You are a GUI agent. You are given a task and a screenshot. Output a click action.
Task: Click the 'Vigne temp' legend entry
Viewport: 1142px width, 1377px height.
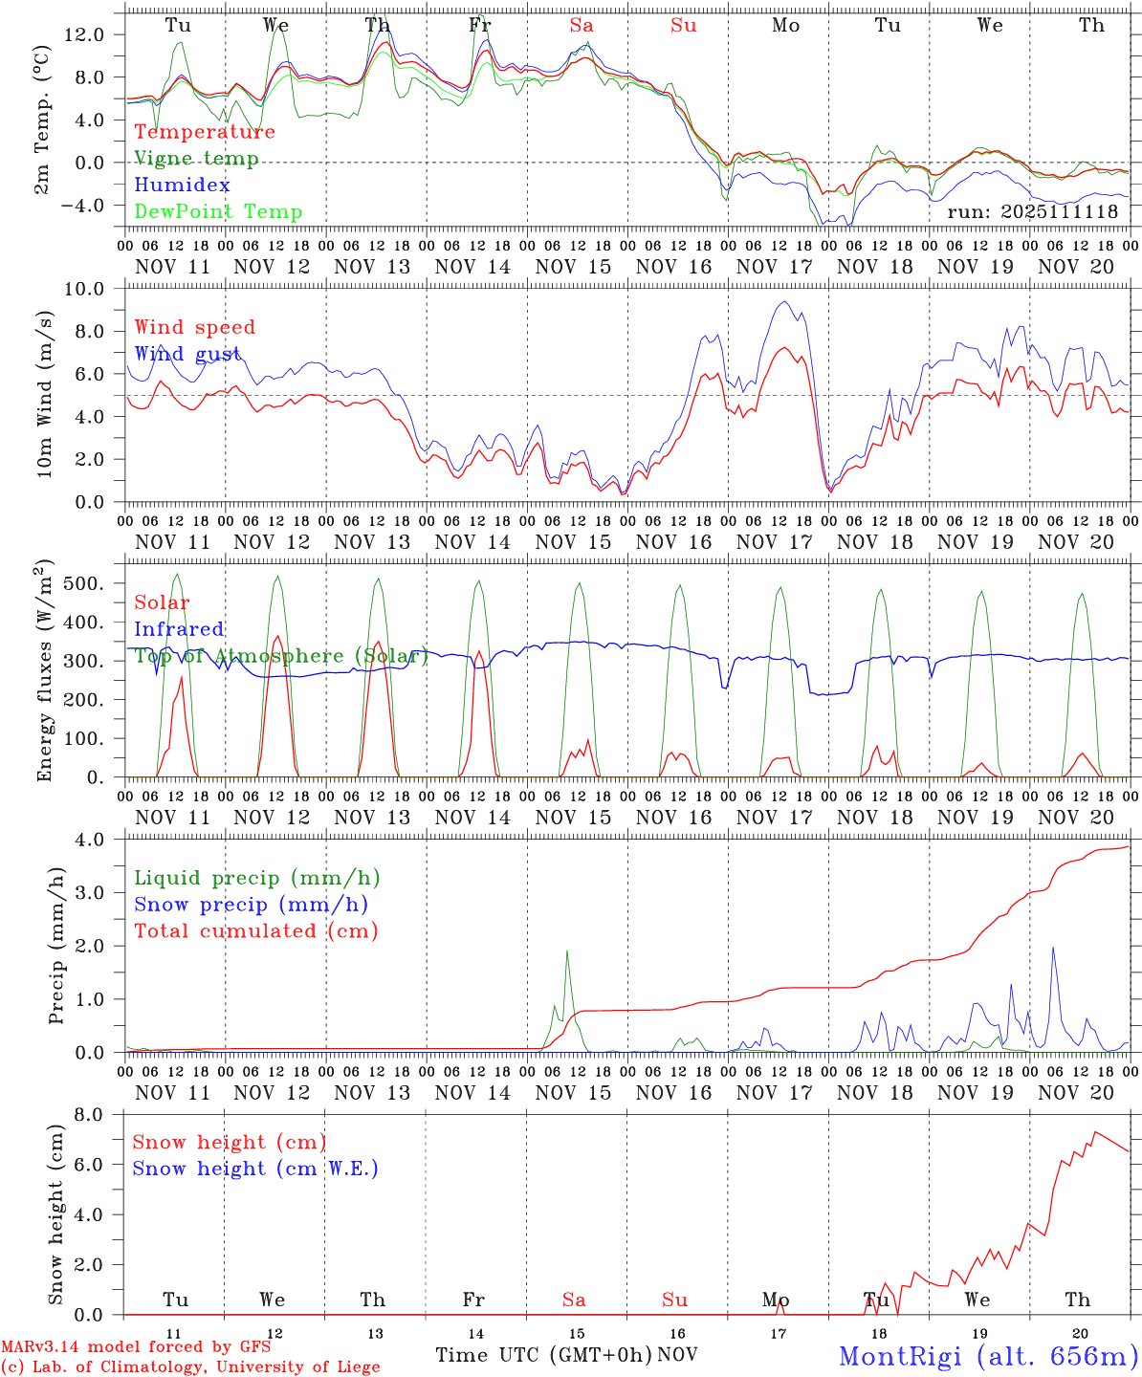pos(196,159)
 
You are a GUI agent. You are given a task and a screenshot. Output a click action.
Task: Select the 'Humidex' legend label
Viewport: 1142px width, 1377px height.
pos(182,186)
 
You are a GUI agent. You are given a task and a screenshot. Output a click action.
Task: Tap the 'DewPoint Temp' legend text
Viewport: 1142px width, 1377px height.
pos(218,212)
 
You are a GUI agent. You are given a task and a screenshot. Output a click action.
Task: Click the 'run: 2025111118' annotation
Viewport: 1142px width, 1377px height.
pos(1032,212)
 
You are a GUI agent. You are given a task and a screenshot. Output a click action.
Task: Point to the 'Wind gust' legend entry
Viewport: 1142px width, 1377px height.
pos(187,354)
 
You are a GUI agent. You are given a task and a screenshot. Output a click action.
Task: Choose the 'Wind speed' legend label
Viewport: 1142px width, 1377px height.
pos(195,327)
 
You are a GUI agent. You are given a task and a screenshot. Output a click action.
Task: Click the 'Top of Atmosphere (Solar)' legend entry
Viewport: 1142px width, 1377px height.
pos(281,656)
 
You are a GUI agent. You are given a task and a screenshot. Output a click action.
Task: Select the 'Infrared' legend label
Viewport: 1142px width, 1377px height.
pos(179,629)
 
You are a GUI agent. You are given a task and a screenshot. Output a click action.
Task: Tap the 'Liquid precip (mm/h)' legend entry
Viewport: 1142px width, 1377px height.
pos(257,878)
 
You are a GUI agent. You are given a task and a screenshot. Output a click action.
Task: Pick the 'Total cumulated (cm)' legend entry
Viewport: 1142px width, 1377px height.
pos(256,931)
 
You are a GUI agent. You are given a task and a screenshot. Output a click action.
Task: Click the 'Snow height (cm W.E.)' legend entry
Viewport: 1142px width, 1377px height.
pos(255,1169)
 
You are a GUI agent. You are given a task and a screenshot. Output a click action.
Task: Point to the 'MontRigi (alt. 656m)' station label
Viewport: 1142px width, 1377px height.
pos(988,1356)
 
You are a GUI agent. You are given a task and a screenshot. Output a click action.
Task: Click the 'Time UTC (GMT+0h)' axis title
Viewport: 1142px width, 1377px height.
pos(543,1355)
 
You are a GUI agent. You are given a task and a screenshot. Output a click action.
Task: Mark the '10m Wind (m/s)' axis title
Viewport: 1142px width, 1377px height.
pos(45,395)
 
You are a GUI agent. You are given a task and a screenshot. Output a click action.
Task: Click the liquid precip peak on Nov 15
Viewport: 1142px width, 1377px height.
pos(567,951)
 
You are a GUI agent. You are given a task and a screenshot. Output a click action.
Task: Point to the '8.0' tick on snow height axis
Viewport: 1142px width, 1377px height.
pos(91,1115)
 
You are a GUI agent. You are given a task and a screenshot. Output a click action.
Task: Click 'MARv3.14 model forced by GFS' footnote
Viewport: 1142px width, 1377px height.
pos(136,1346)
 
